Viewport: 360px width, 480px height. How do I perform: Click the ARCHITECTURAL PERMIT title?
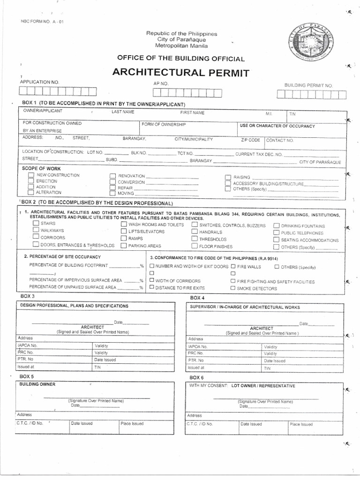pyautogui.click(x=181, y=73)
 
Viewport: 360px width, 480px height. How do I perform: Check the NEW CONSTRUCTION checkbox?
pyautogui.click(x=31, y=175)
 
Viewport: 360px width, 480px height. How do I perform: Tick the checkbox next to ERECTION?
pyautogui.click(x=31, y=181)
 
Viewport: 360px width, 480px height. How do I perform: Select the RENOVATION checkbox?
pyautogui.click(x=112, y=176)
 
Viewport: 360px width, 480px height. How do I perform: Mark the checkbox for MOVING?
pyautogui.click(x=112, y=193)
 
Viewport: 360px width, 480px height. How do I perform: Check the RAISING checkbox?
pyautogui.click(x=227, y=177)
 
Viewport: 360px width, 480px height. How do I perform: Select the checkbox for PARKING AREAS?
pyautogui.click(x=123, y=245)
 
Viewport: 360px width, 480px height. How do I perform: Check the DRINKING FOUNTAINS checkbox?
pyautogui.click(x=277, y=225)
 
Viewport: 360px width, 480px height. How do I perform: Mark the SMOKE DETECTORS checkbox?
pyautogui.click(x=233, y=288)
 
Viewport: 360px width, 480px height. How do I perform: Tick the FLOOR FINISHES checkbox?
pyautogui.click(x=195, y=246)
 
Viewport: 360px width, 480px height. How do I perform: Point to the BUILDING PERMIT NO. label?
pyautogui.click(x=308, y=85)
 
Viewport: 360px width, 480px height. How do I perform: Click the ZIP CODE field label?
pyautogui.click(x=250, y=140)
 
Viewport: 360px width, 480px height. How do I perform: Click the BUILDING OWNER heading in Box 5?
pyautogui.click(x=37, y=384)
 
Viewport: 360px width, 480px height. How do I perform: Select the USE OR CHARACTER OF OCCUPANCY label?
pyautogui.click(x=277, y=126)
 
